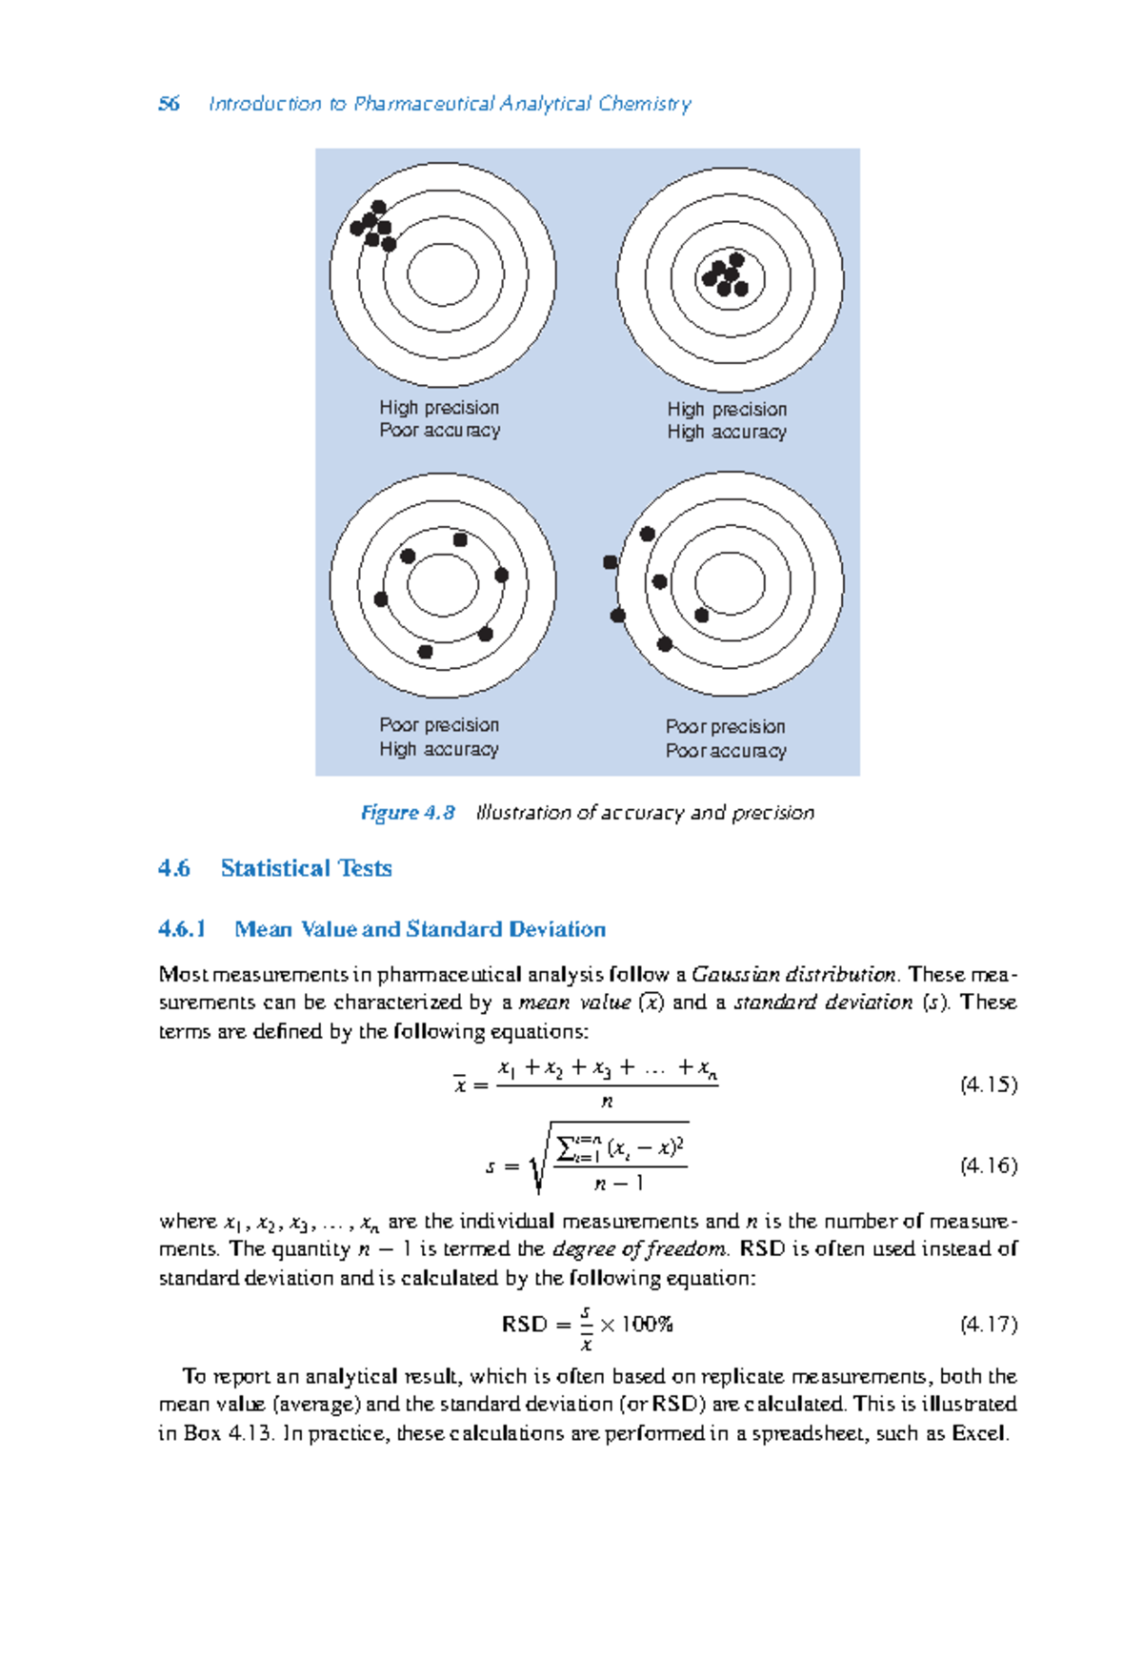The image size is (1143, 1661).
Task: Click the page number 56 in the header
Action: pyautogui.click(x=169, y=104)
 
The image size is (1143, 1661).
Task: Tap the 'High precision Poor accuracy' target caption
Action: pyautogui.click(x=439, y=419)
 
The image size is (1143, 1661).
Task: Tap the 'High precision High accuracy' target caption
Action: pyautogui.click(x=727, y=420)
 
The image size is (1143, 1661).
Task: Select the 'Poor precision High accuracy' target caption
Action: pyautogui.click(x=439, y=737)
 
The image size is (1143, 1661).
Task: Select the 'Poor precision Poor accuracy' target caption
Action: pyautogui.click(x=726, y=739)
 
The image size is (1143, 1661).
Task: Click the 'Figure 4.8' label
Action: pyautogui.click(x=408, y=813)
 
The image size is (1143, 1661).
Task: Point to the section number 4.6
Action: pyautogui.click(x=174, y=868)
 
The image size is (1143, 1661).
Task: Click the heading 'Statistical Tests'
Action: pyautogui.click(x=306, y=868)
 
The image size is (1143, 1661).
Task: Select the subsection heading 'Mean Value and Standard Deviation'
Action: pyautogui.click(x=420, y=929)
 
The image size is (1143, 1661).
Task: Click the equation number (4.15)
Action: pyautogui.click(x=989, y=1084)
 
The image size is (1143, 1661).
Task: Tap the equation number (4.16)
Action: pyautogui.click(x=989, y=1165)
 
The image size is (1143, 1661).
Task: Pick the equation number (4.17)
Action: pyautogui.click(x=989, y=1324)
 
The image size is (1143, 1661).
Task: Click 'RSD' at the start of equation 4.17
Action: pyautogui.click(x=524, y=1325)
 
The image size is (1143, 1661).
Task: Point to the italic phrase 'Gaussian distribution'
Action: pyautogui.click(x=793, y=975)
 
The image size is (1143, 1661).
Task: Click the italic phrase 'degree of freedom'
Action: pyautogui.click(x=640, y=1249)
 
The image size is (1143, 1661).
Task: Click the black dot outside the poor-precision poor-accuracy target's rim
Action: pyautogui.click(x=611, y=563)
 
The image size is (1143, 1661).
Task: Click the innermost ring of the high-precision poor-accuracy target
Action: pyautogui.click(x=443, y=274)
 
